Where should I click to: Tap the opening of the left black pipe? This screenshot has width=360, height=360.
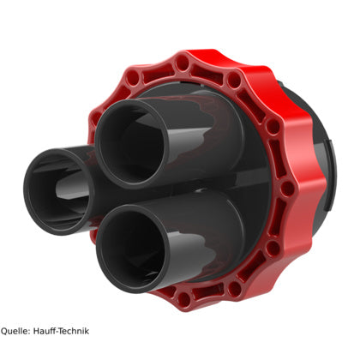coord(59,192)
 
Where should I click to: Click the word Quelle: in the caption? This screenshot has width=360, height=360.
coord(15,331)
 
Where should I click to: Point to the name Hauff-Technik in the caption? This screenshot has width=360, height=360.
coord(61,331)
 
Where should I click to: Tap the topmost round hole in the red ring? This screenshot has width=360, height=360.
coord(182,63)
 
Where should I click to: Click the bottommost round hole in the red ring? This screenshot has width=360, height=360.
coord(184,298)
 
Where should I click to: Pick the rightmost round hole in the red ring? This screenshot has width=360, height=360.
coord(287,189)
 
